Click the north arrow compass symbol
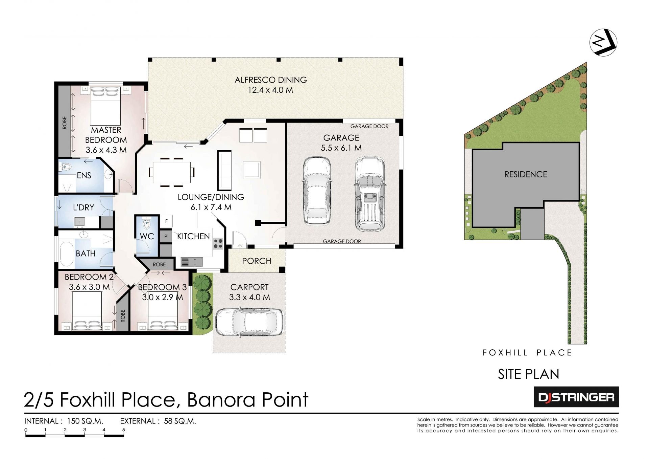(603, 42)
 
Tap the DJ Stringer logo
(576, 397)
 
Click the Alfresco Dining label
(271, 80)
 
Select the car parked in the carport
(249, 322)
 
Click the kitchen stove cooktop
(218, 243)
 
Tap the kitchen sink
(192, 262)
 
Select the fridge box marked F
(166, 221)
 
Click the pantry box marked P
(166, 237)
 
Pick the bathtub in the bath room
(67, 254)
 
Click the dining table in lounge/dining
(171, 172)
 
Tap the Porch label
(257, 261)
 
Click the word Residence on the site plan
(526, 174)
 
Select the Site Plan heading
(528, 374)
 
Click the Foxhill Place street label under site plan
(527, 353)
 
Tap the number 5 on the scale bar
(124, 430)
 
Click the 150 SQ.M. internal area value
(85, 421)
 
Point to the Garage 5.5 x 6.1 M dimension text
(341, 148)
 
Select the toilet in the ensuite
(66, 167)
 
